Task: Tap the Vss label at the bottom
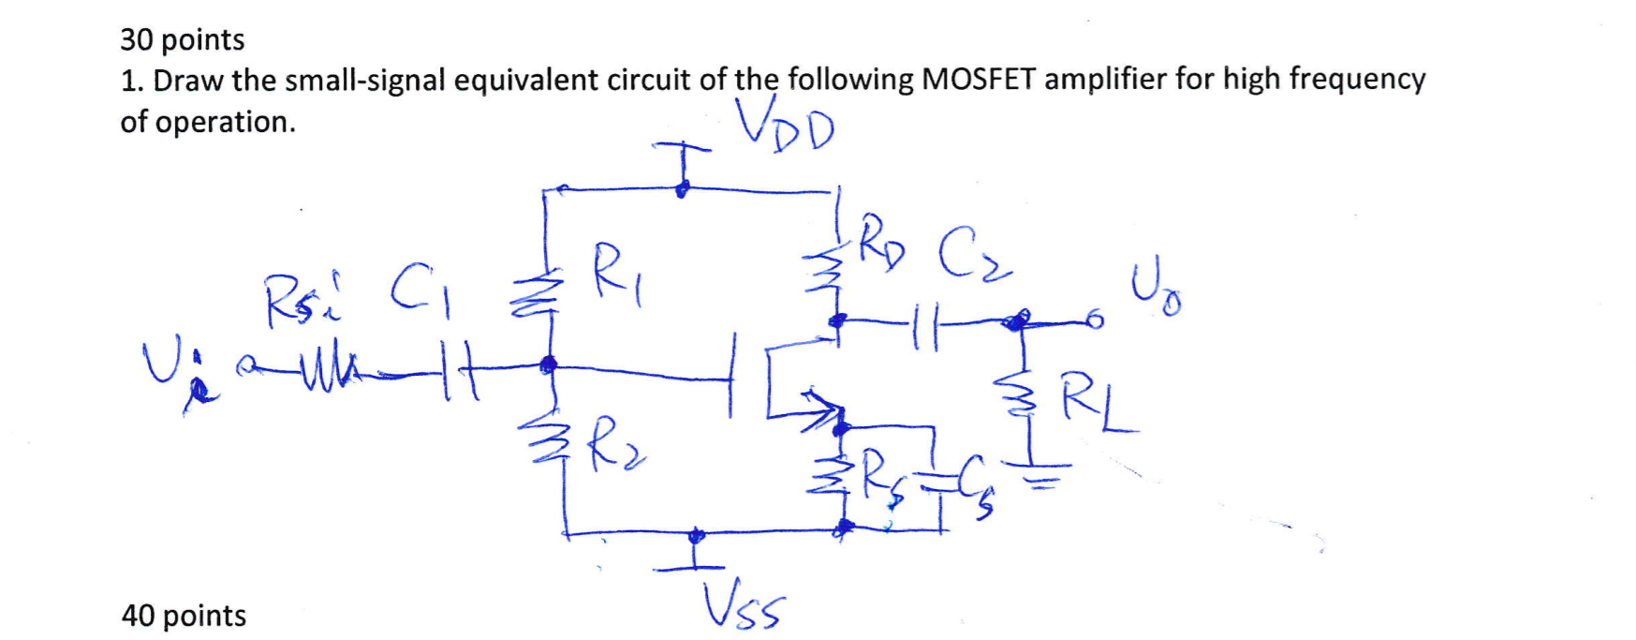click(x=744, y=608)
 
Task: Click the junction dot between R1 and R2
click(x=549, y=363)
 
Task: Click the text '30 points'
click(x=182, y=39)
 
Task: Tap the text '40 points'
click(x=184, y=616)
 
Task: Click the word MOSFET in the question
click(x=979, y=80)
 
